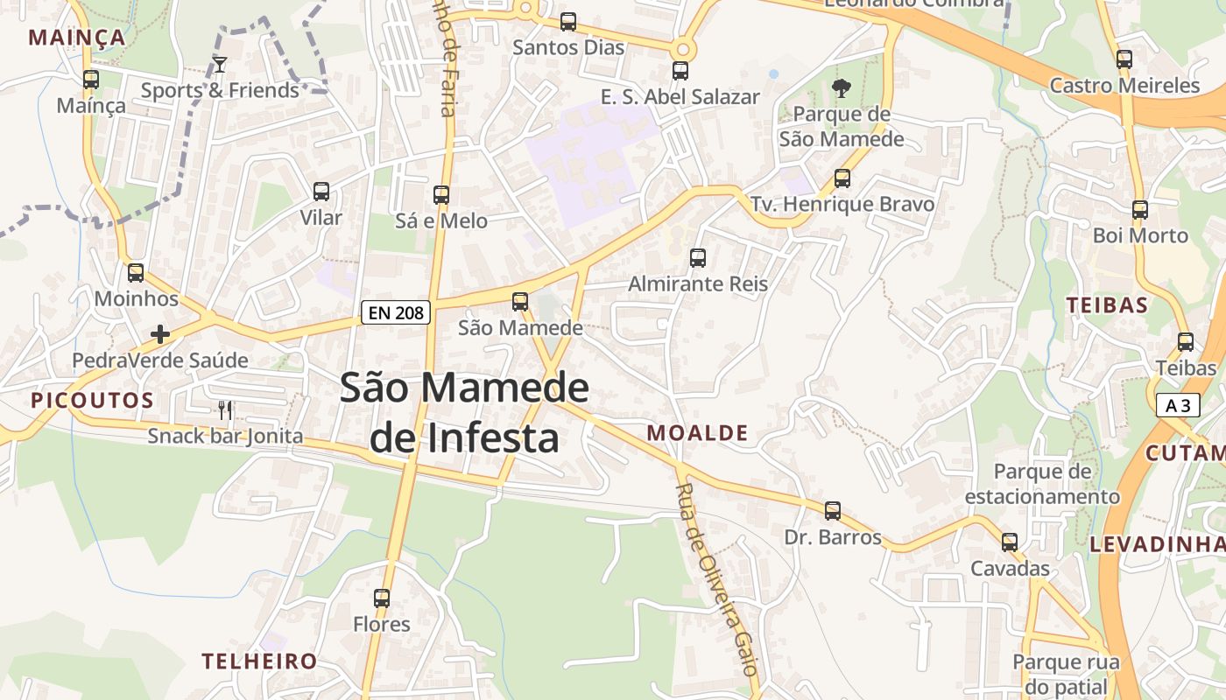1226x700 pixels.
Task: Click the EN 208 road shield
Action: [396, 311]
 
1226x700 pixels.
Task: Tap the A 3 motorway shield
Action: [1178, 405]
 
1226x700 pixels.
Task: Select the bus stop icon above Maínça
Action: [91, 80]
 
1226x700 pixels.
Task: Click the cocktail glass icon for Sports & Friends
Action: [220, 64]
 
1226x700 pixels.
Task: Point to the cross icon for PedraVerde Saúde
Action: [160, 333]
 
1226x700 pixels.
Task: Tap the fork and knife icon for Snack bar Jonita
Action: [225, 409]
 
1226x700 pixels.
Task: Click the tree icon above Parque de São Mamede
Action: [842, 87]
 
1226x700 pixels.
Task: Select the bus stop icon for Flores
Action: [382, 598]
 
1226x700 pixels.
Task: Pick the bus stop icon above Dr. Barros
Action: [833, 510]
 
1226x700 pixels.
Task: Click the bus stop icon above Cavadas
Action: [1010, 542]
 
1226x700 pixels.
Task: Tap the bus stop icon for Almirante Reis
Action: [698, 258]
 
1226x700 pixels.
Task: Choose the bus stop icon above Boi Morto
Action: [1140, 210]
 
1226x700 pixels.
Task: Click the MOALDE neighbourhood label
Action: [697, 432]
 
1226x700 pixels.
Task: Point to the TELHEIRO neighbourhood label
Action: [259, 661]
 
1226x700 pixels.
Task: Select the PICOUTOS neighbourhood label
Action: [92, 401]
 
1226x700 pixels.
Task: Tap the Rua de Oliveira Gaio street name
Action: [716, 578]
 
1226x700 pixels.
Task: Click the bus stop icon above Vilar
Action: [321, 192]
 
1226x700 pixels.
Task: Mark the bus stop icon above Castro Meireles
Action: [1124, 59]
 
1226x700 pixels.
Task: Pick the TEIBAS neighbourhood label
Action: [1107, 304]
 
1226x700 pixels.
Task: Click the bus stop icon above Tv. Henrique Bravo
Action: [842, 178]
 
